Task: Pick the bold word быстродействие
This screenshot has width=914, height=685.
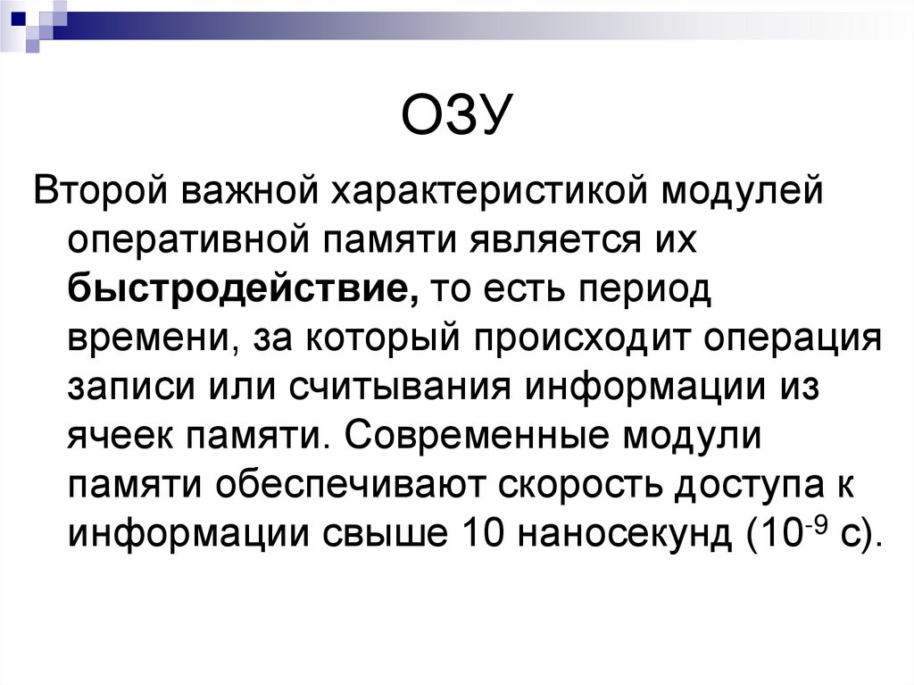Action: (241, 291)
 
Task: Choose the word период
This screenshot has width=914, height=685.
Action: (644, 291)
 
